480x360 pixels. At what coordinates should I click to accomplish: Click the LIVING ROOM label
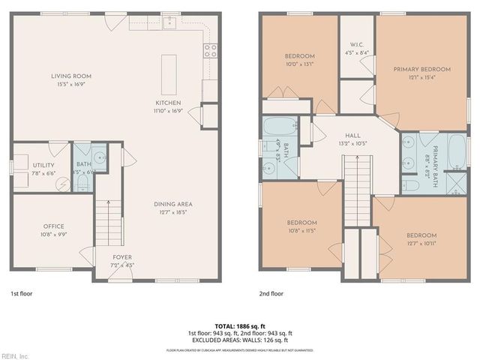(x=71, y=76)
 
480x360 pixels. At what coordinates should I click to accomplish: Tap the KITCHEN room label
(x=167, y=103)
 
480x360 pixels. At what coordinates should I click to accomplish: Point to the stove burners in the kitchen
(x=211, y=51)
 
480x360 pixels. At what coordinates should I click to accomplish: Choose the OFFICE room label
(x=53, y=226)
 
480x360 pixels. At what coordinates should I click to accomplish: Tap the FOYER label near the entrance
(x=121, y=257)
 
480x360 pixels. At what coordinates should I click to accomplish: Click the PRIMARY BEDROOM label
(x=421, y=69)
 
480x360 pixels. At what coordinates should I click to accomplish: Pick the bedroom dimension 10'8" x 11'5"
(x=302, y=230)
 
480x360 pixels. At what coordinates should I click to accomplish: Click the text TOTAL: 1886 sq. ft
(x=240, y=325)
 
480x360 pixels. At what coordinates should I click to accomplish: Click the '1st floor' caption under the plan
(x=21, y=293)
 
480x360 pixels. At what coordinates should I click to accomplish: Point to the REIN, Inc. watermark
(x=16, y=355)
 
